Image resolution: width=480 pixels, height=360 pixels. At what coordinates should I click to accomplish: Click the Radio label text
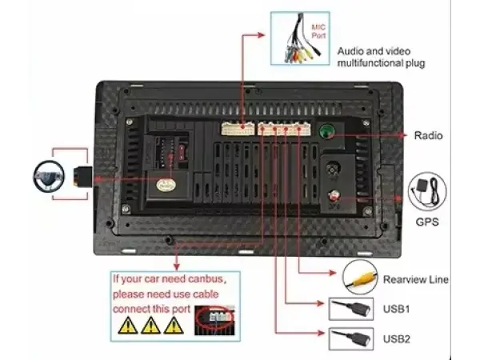click(428, 136)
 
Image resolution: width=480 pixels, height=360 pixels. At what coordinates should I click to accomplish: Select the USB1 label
click(396, 308)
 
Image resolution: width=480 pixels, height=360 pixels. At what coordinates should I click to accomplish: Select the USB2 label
click(396, 338)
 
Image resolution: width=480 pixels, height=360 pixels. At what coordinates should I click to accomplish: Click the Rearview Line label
click(415, 280)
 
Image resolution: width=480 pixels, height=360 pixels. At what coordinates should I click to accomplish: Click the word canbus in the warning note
click(195, 280)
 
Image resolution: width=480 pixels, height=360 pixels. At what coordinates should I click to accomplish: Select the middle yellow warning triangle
click(149, 324)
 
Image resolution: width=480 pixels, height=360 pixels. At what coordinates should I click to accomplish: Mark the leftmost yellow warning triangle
click(126, 324)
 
